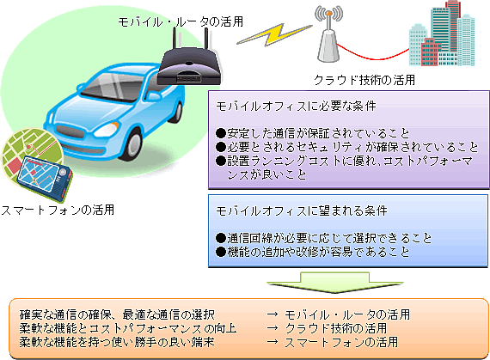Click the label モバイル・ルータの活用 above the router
pos(181,21)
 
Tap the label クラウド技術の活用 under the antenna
pos(364,80)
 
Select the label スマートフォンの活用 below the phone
pos(58,210)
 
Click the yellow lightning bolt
pos(274,34)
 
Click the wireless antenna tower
pos(328,34)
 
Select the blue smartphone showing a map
pos(44,177)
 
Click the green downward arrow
pos(334,282)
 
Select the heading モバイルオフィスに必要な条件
pos(296,107)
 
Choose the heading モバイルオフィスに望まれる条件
pos(302,211)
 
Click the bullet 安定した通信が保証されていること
pos(313,133)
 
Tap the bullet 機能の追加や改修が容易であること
pos(313,252)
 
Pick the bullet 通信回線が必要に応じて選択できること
pos(324,238)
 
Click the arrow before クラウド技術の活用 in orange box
pos(273,328)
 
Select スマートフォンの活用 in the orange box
pos(341,342)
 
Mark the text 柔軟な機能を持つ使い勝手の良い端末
pos(117,342)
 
